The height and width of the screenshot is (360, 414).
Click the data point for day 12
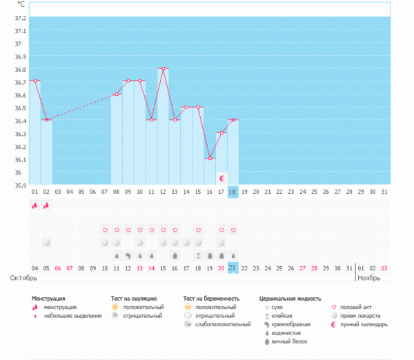tap(163, 68)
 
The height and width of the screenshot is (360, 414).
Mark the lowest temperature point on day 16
tap(210, 159)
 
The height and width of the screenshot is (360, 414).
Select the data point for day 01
tap(34, 81)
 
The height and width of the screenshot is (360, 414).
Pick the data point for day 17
tap(221, 132)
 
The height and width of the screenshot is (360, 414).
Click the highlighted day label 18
tap(233, 192)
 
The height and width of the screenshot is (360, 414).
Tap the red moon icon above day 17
tap(221, 179)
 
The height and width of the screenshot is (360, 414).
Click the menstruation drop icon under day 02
tap(46, 205)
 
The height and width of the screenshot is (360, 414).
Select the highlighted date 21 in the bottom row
tap(233, 268)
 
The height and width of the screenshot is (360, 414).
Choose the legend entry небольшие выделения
tap(66, 315)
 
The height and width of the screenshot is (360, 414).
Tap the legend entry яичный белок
tap(290, 341)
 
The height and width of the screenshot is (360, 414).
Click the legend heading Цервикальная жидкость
tap(290, 299)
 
